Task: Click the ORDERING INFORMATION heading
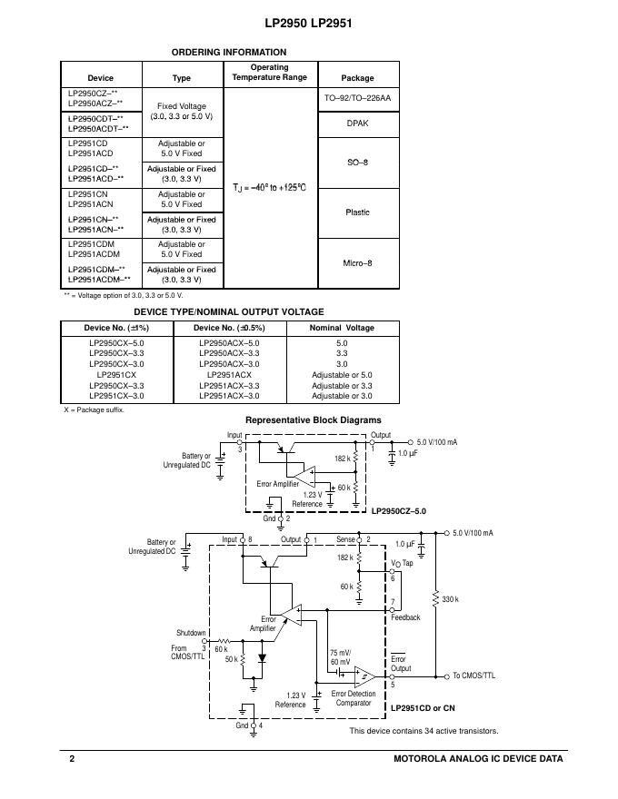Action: click(221, 53)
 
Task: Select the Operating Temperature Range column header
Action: click(269, 73)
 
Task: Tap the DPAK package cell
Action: click(357, 123)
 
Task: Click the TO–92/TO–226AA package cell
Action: click(357, 98)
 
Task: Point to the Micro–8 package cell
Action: click(357, 263)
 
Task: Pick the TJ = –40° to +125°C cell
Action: click(269, 187)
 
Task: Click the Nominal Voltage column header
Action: click(342, 328)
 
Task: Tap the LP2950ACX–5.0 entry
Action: click(229, 343)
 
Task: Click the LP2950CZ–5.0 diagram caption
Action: click(399, 512)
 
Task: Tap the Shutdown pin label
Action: click(191, 633)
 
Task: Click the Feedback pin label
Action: click(405, 617)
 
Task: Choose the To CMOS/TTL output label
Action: click(473, 676)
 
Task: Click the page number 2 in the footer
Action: click(72, 758)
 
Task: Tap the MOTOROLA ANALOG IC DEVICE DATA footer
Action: click(478, 758)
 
